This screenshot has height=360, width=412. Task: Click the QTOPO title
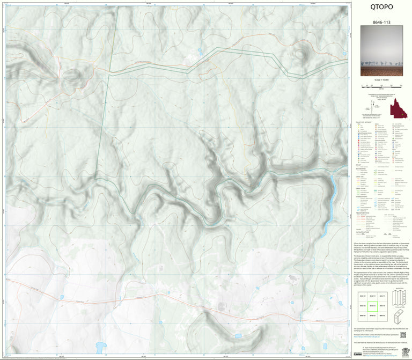tap(381, 8)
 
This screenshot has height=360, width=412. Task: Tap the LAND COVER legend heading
tap(362, 187)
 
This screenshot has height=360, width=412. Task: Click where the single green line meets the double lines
tap(110, 76)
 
